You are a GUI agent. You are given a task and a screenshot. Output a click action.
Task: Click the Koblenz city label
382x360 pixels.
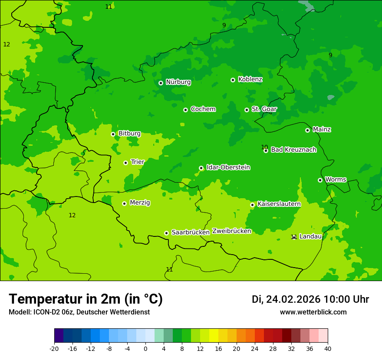250,79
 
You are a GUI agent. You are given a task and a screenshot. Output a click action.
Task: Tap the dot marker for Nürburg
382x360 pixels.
161,83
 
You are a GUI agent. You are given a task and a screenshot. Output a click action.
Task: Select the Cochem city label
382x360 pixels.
203,109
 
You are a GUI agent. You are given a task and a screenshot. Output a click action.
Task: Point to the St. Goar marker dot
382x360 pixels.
247,110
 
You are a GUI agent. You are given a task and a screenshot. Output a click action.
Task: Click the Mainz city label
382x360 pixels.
322,130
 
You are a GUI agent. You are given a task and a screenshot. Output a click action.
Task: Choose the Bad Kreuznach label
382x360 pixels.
293,150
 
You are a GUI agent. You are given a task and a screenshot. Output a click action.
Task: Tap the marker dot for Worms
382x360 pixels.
320,180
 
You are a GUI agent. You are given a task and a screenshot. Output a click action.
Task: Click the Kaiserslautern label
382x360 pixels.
279,204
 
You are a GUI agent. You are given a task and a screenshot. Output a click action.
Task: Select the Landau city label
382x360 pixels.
310,237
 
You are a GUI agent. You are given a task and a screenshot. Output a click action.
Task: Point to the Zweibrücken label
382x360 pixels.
231,232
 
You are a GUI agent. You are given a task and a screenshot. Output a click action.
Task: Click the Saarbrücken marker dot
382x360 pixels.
166,233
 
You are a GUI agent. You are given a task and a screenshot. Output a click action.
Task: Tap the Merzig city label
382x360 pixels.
140,203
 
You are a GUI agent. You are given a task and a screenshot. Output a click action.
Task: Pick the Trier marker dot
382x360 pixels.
125,163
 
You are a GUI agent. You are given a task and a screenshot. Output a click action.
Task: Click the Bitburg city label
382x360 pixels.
129,134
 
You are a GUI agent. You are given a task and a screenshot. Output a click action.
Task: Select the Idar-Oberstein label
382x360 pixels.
228,167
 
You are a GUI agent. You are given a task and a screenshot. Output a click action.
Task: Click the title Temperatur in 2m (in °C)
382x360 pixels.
86,299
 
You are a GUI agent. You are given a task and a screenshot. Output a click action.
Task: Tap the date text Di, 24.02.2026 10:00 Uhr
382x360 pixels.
310,300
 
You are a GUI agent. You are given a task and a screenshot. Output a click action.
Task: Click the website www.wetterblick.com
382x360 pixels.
313,312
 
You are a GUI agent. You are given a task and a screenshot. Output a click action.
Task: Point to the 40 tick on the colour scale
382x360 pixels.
328,348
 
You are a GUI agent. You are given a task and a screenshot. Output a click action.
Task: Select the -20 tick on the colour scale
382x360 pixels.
54,348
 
